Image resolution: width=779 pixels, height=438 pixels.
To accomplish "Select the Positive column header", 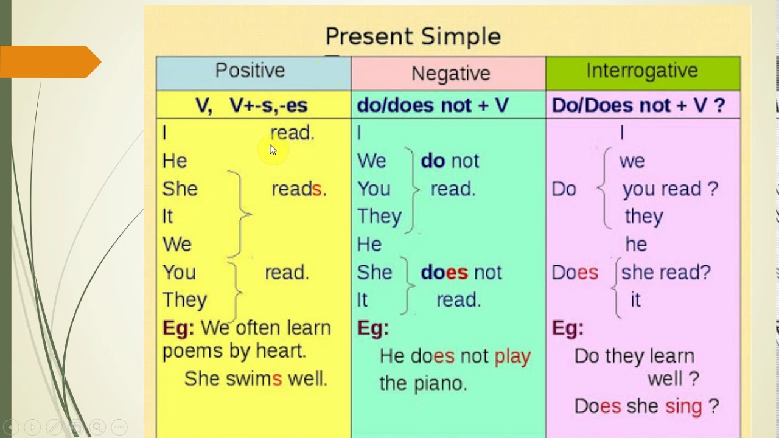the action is click(250, 71).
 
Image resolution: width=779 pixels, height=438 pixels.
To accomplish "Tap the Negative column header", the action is click(451, 74).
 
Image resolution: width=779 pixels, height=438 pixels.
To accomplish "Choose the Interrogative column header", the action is click(642, 71).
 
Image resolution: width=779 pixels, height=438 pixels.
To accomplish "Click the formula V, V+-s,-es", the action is click(251, 105).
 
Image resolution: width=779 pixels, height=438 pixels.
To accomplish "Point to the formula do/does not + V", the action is click(433, 105).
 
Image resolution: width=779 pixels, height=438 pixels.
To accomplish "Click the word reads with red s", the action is click(299, 189).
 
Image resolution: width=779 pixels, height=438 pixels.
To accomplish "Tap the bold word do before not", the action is click(433, 161).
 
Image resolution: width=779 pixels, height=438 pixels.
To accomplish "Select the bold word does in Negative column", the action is click(444, 272).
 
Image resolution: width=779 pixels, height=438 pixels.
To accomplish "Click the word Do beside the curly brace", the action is click(564, 189).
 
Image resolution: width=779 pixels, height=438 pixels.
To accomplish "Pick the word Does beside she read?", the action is click(575, 273).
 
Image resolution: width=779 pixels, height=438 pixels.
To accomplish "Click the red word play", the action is click(512, 357).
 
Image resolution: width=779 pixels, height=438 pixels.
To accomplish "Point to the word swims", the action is click(254, 378).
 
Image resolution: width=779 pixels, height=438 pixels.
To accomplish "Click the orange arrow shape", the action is click(51, 62).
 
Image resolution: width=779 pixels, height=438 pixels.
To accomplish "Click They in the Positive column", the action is click(184, 301).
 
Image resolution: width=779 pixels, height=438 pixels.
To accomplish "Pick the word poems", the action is click(192, 352).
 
